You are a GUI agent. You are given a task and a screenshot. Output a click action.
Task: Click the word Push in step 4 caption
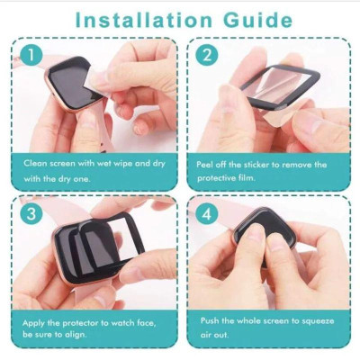[x=207, y=321]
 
